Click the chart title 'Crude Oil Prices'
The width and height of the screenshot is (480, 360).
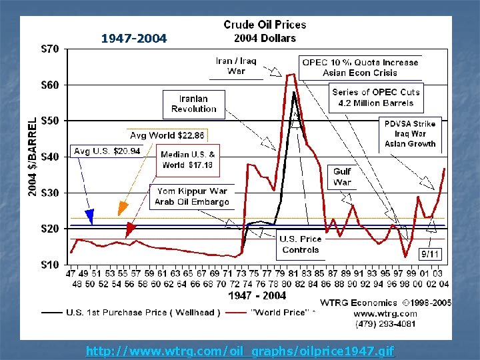click(265, 25)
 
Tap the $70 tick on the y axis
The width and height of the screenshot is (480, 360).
click(50, 49)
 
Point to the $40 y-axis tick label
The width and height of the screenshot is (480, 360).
click(50, 157)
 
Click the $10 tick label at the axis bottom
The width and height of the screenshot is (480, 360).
click(50, 265)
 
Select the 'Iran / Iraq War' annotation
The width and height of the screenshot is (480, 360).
click(236, 66)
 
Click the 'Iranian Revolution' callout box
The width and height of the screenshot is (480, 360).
click(193, 103)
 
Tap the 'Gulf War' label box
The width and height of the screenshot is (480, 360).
click(342, 177)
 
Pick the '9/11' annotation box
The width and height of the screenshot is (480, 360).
click(430, 254)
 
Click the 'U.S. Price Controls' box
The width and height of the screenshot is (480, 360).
click(301, 244)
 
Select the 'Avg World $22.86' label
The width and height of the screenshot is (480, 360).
click(167, 135)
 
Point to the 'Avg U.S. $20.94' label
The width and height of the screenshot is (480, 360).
click(107, 151)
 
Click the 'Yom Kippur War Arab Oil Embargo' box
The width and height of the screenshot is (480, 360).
click(192, 196)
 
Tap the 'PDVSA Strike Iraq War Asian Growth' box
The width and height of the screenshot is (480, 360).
click(410, 134)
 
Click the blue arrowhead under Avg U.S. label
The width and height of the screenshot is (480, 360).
click(89, 216)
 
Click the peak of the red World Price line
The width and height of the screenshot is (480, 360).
click(291, 74)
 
